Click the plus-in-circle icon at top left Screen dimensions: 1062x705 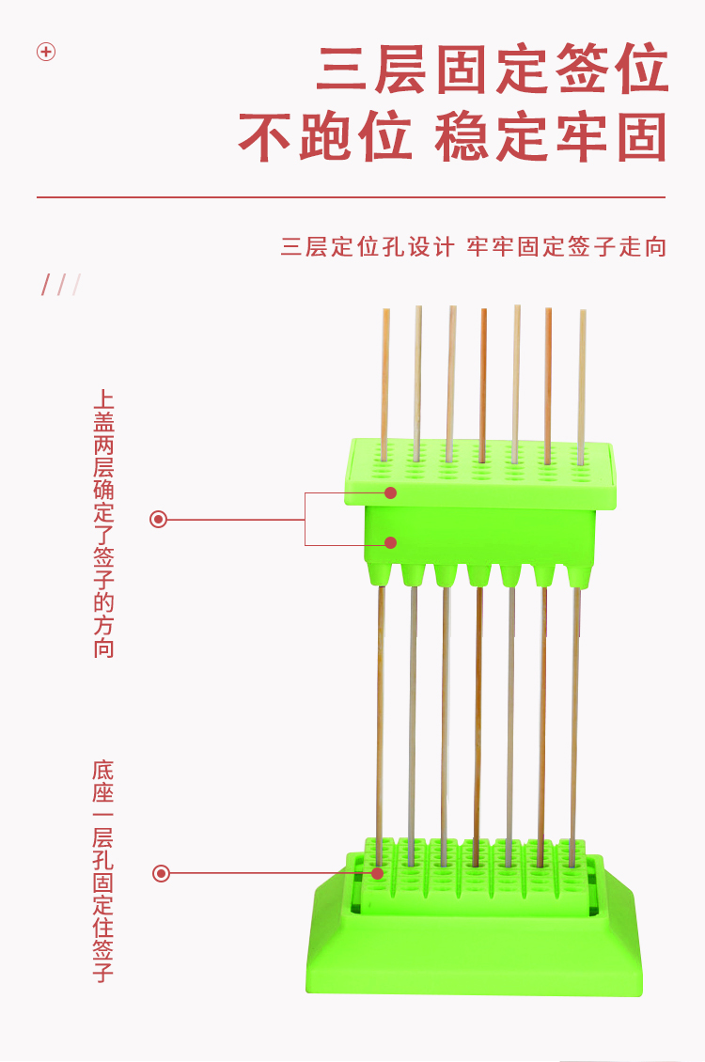46,52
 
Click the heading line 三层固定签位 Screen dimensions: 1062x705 492,70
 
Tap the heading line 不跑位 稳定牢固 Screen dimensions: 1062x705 451,138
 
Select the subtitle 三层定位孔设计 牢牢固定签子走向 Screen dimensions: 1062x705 473,247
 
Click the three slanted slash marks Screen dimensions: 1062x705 60,285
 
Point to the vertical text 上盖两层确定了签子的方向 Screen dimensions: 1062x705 103,524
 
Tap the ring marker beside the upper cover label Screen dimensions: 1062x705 159,519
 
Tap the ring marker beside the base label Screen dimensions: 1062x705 161,874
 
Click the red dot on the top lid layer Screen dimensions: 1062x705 391,492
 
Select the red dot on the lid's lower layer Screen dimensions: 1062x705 391,542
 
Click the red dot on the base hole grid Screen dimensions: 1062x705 378,873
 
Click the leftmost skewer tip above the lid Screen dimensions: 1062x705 385,313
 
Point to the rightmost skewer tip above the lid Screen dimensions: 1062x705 583,315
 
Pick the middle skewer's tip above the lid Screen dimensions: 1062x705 484,313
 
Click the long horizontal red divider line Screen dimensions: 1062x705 351,197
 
